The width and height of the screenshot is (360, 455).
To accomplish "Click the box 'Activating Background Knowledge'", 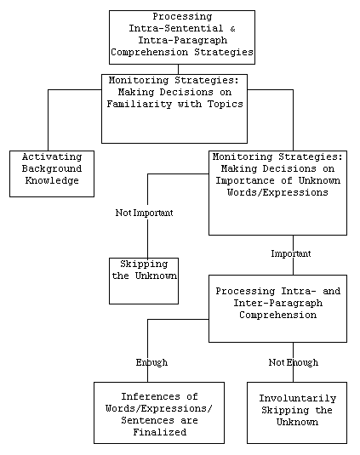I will (51, 173).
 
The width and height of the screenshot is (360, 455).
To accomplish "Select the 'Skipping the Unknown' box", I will (144, 280).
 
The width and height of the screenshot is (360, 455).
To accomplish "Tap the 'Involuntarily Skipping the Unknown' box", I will (297, 412).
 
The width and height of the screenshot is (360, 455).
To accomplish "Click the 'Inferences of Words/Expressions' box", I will (159, 412).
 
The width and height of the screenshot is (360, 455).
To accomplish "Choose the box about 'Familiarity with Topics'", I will (174, 108).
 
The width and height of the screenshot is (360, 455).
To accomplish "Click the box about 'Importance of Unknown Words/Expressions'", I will (277, 193).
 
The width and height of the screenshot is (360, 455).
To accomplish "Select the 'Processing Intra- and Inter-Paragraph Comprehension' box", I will (277, 308).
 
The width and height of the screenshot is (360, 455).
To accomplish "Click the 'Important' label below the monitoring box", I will (291, 253).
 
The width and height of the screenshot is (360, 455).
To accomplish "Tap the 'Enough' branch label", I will (151, 362).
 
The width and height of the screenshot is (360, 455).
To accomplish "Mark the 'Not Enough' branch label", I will (293, 362).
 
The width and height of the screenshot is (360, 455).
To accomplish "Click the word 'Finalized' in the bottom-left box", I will (159, 431).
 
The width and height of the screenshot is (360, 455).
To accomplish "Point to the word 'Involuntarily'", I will (297, 398).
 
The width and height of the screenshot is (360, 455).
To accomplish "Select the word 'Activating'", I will (51, 157).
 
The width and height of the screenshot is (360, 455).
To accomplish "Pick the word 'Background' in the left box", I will (51, 168).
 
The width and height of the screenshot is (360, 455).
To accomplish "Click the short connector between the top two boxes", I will (178, 69).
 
